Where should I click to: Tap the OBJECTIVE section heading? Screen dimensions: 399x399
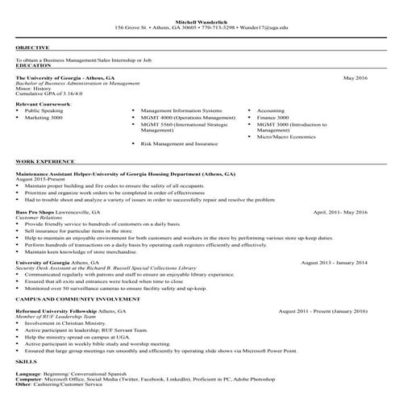coord(31,48)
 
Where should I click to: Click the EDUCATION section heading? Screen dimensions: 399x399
coord(32,63)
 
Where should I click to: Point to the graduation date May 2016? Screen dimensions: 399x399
coord(355,79)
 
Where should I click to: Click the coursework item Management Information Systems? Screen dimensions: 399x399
coord(181,110)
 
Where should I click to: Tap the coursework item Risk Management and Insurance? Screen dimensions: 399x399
coord(179,143)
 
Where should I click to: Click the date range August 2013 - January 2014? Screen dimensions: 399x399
coord(334,262)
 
